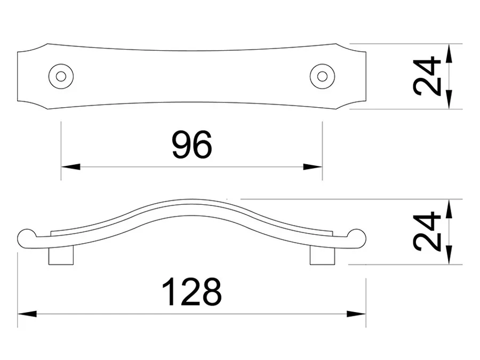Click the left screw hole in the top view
click(61, 76)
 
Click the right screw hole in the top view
click(322, 76)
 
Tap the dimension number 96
click(192, 145)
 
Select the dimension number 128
click(191, 292)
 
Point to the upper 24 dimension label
click(427, 76)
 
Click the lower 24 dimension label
click(427, 231)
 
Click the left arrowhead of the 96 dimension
click(70, 167)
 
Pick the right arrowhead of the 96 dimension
click(313, 167)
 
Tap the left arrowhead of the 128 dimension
click(27, 314)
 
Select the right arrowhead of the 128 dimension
click(356, 314)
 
